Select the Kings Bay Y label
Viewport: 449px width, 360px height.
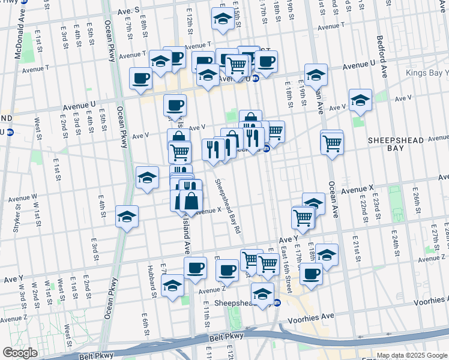[428, 73]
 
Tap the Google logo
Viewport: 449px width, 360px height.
[20, 353]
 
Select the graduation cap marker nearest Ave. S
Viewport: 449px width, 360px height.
[223, 19]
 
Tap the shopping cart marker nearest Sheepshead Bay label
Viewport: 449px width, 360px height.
[267, 262]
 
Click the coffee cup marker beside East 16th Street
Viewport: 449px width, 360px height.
[310, 274]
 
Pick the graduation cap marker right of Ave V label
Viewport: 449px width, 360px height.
[360, 100]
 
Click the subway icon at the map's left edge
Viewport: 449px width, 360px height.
[9, 132]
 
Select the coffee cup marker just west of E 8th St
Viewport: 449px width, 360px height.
[140, 78]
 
